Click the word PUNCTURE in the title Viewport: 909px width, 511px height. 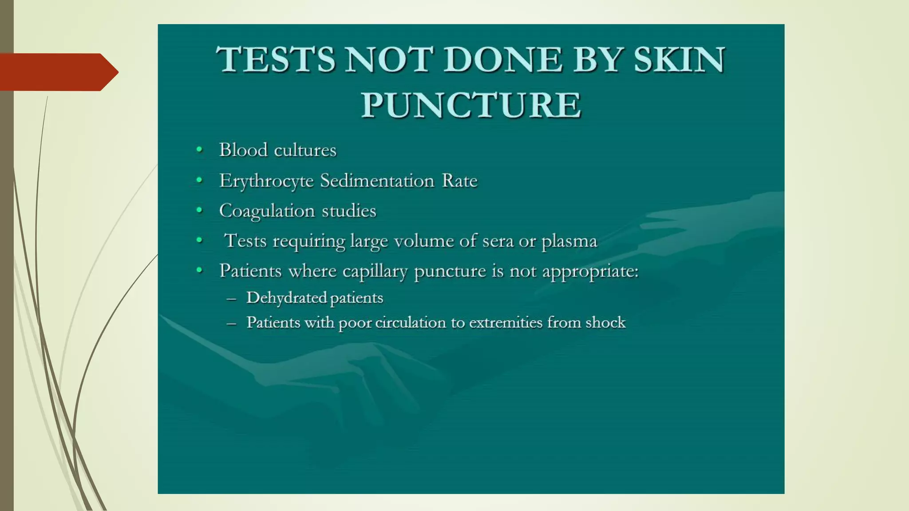[x=471, y=105]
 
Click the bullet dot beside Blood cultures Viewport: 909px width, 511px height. [x=200, y=150]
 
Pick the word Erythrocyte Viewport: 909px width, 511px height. [x=266, y=181]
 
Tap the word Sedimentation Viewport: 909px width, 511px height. [x=377, y=181]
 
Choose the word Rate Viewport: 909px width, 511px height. [x=459, y=181]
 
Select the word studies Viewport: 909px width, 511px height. [x=349, y=211]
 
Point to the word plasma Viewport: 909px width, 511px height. [x=569, y=241]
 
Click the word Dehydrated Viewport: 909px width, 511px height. [x=286, y=298]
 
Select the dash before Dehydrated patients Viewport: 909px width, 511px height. [x=231, y=299]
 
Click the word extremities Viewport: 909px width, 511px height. [x=506, y=322]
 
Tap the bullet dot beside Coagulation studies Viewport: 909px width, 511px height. [x=200, y=210]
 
